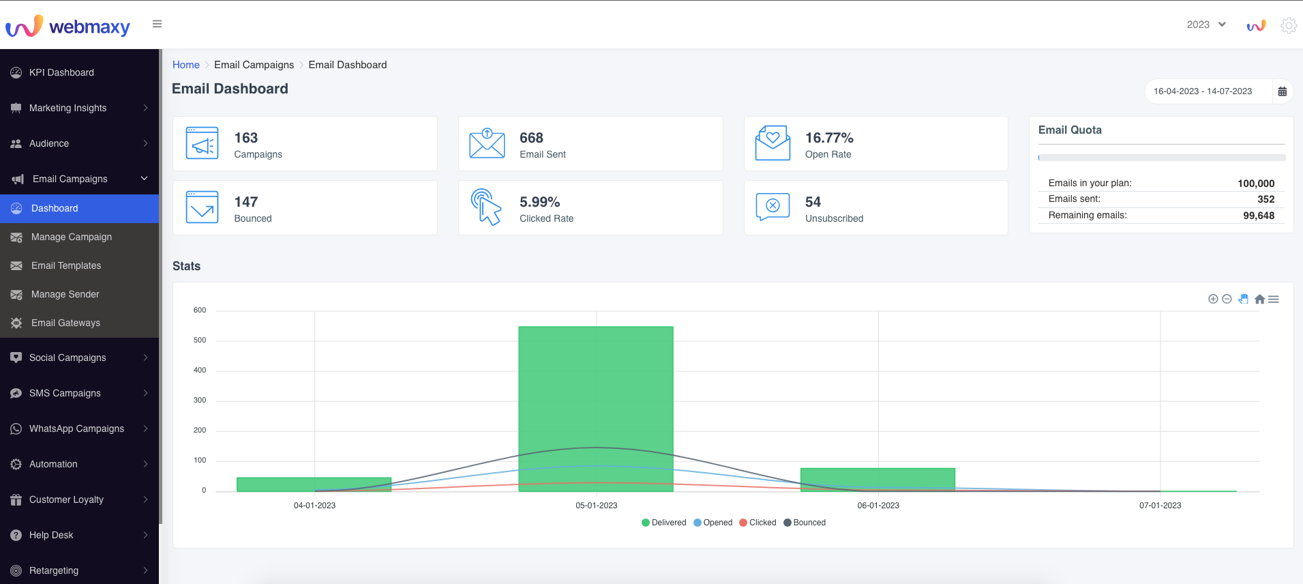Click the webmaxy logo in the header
(x=68, y=26)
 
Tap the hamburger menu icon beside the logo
(x=158, y=24)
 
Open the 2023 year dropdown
(x=1206, y=25)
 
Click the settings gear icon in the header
(x=1288, y=25)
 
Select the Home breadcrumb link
(x=185, y=65)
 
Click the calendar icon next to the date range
(x=1282, y=91)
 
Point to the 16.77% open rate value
(x=829, y=138)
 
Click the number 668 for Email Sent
(x=531, y=138)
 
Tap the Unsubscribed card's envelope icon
(x=773, y=206)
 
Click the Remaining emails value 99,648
(x=1258, y=216)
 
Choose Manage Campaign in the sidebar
(x=72, y=237)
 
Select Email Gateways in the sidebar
(x=65, y=323)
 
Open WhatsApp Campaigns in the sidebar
(x=76, y=428)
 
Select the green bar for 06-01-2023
(x=878, y=479)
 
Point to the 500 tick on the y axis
(x=200, y=340)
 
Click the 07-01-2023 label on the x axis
(x=1160, y=506)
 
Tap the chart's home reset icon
(x=1259, y=299)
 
